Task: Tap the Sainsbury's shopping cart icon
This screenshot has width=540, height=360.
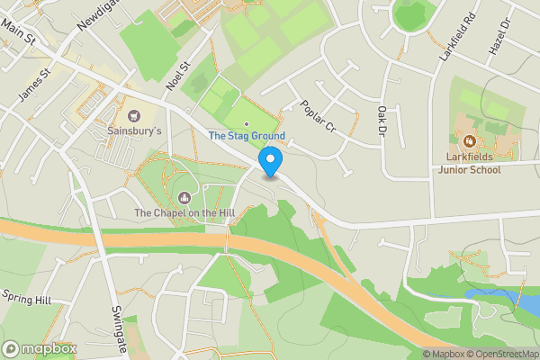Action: (135, 115)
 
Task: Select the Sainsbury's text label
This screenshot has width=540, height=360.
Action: (135, 131)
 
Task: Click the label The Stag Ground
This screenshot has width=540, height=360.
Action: (247, 136)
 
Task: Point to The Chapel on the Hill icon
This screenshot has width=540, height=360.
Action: (185, 197)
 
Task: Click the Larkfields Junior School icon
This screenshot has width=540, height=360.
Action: (468, 140)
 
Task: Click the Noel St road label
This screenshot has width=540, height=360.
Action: (180, 76)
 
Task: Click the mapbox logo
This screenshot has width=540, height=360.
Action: (40, 348)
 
